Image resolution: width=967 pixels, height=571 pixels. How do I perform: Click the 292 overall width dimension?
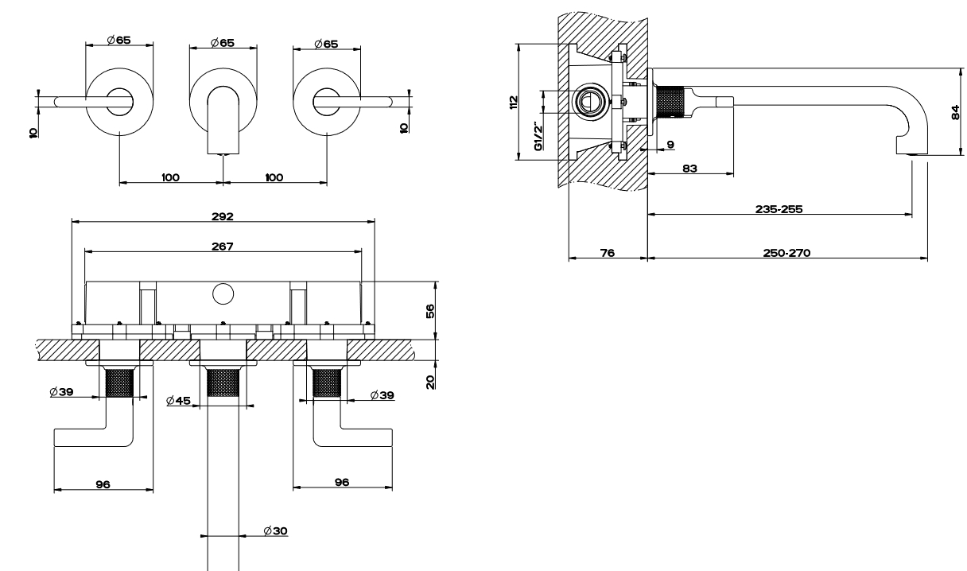tap(223, 215)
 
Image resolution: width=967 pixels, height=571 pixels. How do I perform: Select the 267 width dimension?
tap(223, 246)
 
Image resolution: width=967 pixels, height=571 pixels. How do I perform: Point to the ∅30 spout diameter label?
tap(276, 530)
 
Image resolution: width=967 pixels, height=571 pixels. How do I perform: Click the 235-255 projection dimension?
tap(779, 209)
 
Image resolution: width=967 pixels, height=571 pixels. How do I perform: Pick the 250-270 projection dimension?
tap(786, 253)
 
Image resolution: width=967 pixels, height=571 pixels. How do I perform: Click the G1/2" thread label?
tap(538, 137)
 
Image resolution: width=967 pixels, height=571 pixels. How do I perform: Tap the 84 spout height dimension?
tap(955, 113)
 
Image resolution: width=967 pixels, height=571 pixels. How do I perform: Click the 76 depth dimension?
tap(607, 253)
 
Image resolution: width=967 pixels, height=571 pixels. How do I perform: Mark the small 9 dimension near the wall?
tap(670, 144)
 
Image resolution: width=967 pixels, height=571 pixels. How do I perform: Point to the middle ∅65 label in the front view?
tap(223, 43)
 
